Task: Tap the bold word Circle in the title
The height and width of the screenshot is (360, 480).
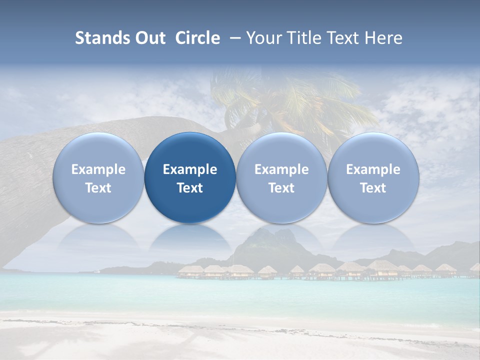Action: tap(197, 38)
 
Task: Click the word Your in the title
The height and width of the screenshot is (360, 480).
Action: tap(263, 38)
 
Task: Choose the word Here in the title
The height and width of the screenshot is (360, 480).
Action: tap(383, 38)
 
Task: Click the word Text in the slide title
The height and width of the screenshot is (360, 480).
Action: tap(341, 38)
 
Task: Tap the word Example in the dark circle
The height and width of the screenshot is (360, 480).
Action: tap(190, 169)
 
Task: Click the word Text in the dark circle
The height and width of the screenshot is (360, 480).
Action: tap(190, 188)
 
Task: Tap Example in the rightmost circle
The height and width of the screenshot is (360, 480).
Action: tap(373, 169)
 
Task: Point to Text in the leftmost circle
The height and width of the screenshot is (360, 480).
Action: tap(98, 188)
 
